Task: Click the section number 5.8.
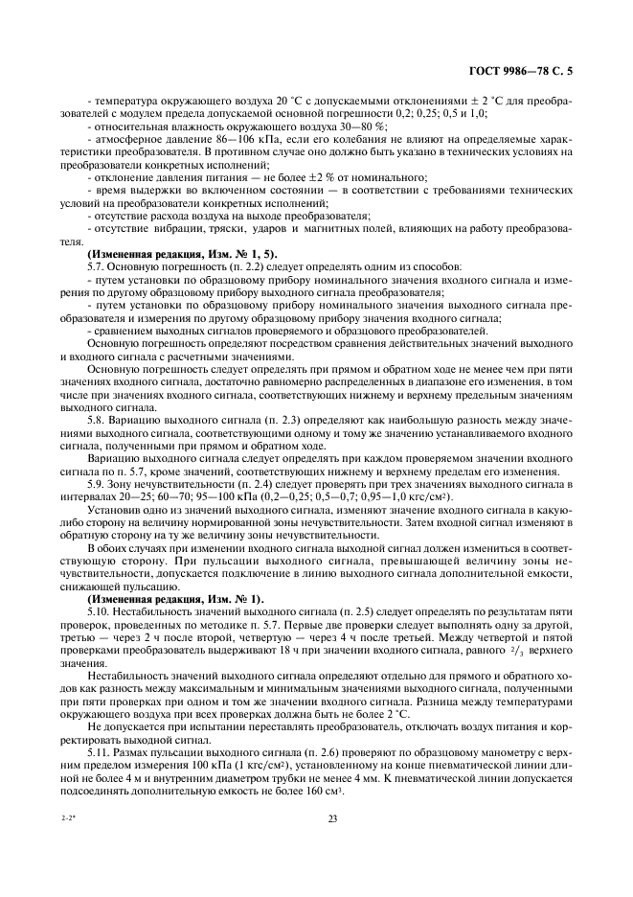[98, 419]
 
